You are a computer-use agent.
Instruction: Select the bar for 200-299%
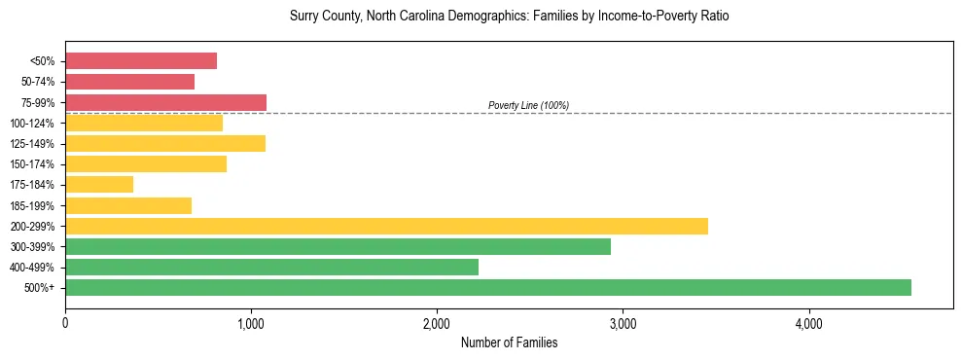(x=386, y=226)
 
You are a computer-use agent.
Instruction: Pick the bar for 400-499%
(x=271, y=267)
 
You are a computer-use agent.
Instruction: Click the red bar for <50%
(x=141, y=61)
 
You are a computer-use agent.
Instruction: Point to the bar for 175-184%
(x=99, y=184)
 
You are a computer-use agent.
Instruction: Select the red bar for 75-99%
(x=165, y=102)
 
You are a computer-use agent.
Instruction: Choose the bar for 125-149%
(x=165, y=143)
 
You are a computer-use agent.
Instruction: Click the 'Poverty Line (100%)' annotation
(x=528, y=105)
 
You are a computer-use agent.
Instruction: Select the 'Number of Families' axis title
(x=509, y=342)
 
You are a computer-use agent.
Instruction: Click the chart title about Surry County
(x=509, y=17)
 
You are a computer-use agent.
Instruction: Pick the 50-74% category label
(x=37, y=82)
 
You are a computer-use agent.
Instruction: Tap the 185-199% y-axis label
(x=34, y=205)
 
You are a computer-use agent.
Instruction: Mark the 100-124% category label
(x=34, y=123)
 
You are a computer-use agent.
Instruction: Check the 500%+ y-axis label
(x=40, y=287)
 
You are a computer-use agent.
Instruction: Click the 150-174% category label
(x=34, y=163)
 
